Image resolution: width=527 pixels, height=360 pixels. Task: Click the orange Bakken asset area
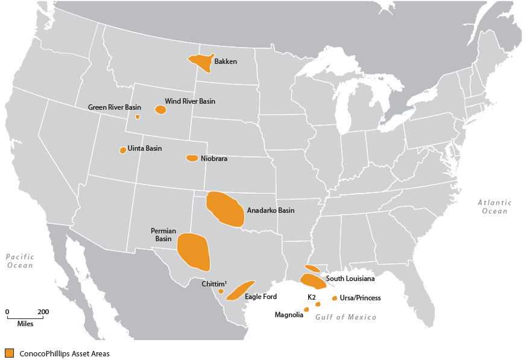[x=202, y=62]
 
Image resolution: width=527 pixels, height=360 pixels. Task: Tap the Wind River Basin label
[x=190, y=101]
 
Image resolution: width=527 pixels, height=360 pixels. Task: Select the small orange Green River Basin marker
[x=137, y=116]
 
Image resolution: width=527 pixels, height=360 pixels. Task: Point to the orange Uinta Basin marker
[x=123, y=150]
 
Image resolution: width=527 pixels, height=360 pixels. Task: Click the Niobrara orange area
[x=192, y=158]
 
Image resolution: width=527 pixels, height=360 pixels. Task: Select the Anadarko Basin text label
[x=271, y=210]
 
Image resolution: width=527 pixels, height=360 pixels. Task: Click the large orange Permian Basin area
[x=194, y=251]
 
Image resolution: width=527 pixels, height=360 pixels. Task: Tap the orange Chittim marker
[x=221, y=291]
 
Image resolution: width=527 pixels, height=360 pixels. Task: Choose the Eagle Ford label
[x=261, y=297]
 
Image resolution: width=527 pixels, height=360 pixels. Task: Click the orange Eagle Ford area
[x=239, y=290]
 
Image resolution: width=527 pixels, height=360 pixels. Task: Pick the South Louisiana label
[x=350, y=279]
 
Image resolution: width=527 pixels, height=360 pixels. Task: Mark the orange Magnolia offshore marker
[x=306, y=309]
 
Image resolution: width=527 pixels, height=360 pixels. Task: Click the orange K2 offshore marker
[x=318, y=304]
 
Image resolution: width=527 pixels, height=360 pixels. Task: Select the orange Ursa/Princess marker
[x=335, y=298]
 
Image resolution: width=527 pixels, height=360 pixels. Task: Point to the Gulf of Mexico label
[x=346, y=317]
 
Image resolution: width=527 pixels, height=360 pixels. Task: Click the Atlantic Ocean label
[x=494, y=207]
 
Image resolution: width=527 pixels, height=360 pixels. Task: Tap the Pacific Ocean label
[x=20, y=261]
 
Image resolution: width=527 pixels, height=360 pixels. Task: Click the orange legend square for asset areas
[x=9, y=353]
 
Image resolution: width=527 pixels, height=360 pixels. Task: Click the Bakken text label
[x=226, y=62]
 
